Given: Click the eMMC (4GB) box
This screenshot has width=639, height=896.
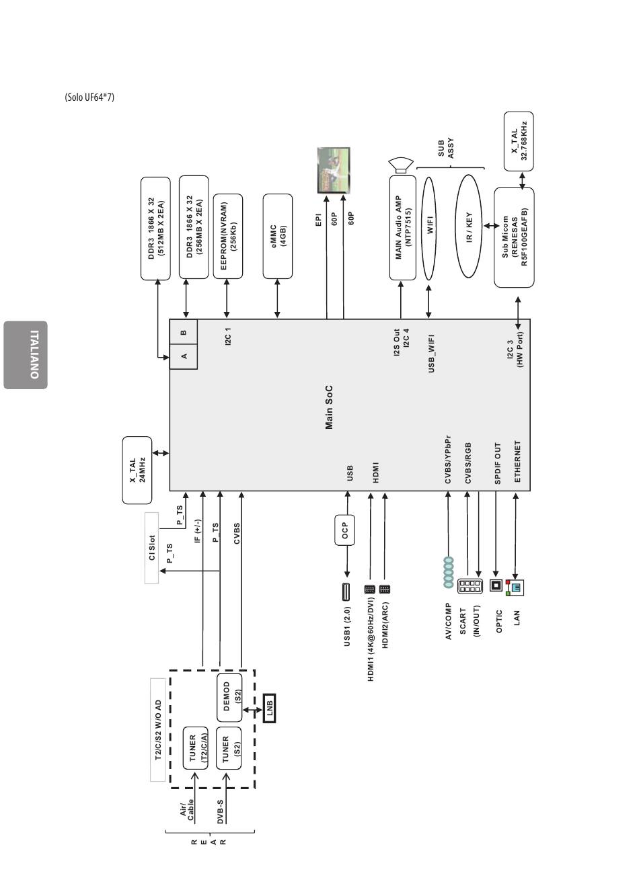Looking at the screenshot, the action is (277, 236).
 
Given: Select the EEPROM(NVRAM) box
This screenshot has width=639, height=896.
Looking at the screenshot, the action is (228, 236).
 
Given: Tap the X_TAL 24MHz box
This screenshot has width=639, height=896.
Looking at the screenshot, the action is (137, 470).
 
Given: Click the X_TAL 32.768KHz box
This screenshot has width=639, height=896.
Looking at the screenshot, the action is (519, 141).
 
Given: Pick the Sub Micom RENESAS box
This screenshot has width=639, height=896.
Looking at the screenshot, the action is (514, 237).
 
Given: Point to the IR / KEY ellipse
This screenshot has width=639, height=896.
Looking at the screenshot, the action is (469, 227).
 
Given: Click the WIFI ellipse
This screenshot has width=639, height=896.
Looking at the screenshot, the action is (429, 228).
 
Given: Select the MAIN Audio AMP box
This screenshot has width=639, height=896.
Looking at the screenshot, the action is (403, 227).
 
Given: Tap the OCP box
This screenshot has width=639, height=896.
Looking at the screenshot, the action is (344, 530).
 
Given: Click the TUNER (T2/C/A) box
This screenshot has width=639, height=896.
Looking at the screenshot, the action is (195, 747).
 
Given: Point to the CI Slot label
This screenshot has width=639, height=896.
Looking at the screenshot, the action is (152, 548).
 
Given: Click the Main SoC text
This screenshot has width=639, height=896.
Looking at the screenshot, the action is (329, 407).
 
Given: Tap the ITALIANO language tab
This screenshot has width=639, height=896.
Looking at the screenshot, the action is (26, 355).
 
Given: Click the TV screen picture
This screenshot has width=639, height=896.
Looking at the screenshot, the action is (334, 170).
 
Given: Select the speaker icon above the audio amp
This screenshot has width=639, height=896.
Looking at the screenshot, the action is (401, 165).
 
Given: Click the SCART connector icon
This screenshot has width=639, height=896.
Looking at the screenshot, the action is (469, 586).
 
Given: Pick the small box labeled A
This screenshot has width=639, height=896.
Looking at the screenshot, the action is (184, 356).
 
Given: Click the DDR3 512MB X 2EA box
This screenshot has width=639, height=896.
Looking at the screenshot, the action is (155, 229).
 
